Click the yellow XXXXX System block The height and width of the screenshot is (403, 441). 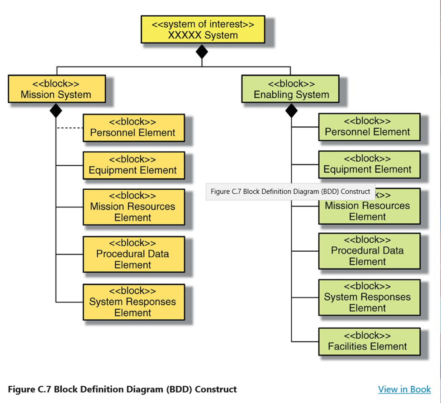203,29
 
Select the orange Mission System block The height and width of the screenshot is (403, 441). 57,89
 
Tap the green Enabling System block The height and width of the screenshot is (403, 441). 290,89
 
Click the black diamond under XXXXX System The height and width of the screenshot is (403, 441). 202,52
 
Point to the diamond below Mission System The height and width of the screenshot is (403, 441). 56,110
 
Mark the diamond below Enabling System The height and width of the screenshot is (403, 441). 291,110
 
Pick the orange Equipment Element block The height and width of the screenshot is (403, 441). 133,165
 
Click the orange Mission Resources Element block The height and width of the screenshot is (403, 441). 133,207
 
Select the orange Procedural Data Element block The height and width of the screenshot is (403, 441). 133,254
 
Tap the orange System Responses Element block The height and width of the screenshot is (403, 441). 133,302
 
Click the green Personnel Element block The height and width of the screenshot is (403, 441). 369,127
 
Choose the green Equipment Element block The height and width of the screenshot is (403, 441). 369,164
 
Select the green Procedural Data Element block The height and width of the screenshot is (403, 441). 369,250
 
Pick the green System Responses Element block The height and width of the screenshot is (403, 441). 369,297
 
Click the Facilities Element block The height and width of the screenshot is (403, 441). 369,341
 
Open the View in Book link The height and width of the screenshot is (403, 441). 404,389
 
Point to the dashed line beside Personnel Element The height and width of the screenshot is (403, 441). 70,128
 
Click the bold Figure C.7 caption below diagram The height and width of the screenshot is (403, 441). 122,389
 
